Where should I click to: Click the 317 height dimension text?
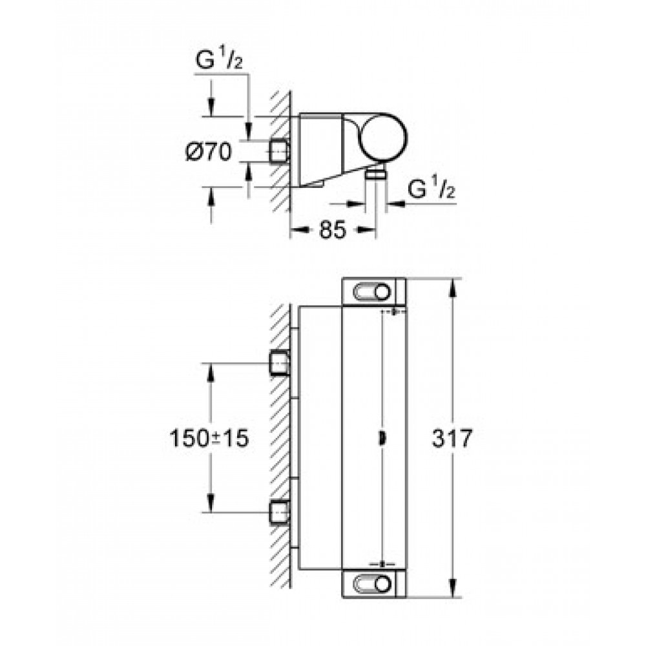click(x=452, y=438)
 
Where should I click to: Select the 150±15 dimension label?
click(x=209, y=438)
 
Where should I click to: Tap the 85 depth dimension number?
click(x=333, y=230)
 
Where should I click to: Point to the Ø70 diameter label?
click(x=209, y=152)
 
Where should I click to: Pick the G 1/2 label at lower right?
click(x=432, y=189)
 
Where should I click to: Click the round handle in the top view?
click(x=382, y=136)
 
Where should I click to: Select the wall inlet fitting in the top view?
click(x=279, y=152)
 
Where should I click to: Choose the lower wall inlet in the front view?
click(x=279, y=512)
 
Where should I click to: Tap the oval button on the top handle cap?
click(x=371, y=293)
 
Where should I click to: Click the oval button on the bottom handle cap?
click(x=371, y=584)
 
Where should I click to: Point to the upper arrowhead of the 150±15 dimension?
click(x=211, y=372)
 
